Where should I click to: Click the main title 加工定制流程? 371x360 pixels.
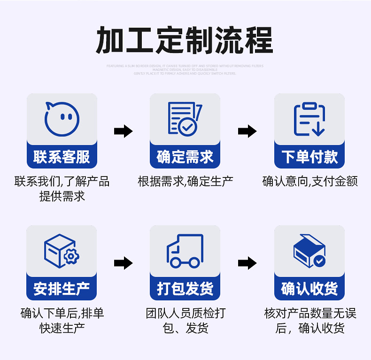tap(185, 41)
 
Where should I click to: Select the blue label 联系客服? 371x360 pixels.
tap(62, 157)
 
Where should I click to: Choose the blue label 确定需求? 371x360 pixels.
tap(185, 157)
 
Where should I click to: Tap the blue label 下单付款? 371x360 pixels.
tap(309, 157)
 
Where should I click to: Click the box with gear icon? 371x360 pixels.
tap(62, 251)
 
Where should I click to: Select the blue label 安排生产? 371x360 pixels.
tap(62, 289)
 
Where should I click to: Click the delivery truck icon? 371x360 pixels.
tap(185, 251)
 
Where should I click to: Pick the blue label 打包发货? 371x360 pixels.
tap(185, 289)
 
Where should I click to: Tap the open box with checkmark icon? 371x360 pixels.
tap(309, 251)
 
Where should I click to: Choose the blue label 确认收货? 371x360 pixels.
tap(309, 289)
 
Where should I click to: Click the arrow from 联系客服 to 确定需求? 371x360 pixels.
tap(124, 131)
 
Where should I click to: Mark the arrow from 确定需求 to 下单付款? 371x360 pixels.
tap(247, 131)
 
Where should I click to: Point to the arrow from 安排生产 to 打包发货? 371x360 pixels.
tap(124, 263)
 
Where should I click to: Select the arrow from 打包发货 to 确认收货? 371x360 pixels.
tap(247, 263)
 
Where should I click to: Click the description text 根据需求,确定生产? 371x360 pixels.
tap(185, 181)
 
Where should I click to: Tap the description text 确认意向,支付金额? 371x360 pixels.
tap(309, 181)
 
